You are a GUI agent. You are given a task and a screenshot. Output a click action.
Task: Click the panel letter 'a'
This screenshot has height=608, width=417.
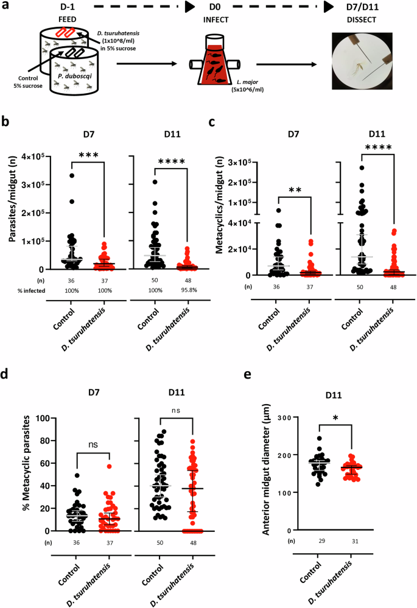tap(5, 5)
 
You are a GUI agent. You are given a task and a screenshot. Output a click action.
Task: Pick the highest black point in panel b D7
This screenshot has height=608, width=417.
tap(71, 175)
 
